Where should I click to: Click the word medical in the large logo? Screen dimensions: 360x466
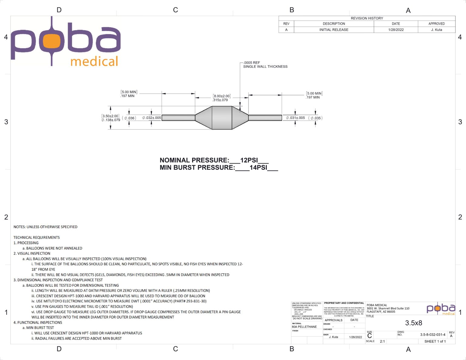pyautogui.click(x=94, y=62)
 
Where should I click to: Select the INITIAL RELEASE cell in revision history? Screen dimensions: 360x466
pyautogui.click(x=334, y=30)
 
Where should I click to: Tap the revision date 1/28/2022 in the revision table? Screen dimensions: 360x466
pyautogui.click(x=396, y=30)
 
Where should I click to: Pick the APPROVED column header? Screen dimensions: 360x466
pyautogui.click(x=437, y=24)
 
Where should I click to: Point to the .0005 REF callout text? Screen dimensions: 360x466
pyautogui.click(x=252, y=63)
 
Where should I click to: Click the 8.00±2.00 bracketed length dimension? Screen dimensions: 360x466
pyautogui.click(x=222, y=96)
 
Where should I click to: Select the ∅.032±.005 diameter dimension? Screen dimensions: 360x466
pyautogui.click(x=152, y=118)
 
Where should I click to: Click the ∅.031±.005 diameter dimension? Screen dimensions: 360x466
pyautogui.click(x=295, y=118)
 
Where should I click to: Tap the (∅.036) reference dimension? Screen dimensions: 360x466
pyautogui.click(x=129, y=118)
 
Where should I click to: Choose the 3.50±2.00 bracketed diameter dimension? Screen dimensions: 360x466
pyautogui.click(x=110, y=116)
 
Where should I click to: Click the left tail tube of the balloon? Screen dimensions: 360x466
pyautogui.click(x=178, y=118)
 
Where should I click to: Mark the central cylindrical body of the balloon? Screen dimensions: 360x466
pyautogui.click(x=222, y=118)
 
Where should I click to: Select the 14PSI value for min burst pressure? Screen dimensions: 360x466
pyautogui.click(x=258, y=167)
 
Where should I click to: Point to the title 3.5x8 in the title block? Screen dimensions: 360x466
pyautogui.click(x=414, y=323)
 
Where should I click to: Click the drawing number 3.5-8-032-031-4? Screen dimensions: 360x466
pyautogui.click(x=433, y=335)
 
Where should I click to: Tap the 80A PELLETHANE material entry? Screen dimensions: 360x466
pyautogui.click(x=304, y=327)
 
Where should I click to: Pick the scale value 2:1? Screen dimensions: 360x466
pyautogui.click(x=382, y=341)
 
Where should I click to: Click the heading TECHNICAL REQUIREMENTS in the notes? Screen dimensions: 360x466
pyautogui.click(x=36, y=237)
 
